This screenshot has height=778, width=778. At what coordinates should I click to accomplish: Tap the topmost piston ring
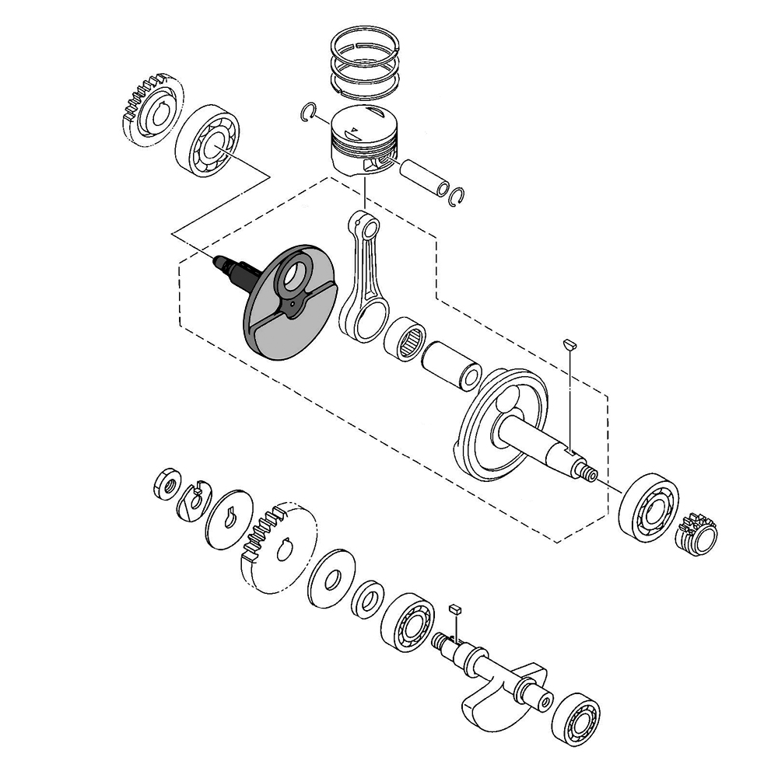(364, 44)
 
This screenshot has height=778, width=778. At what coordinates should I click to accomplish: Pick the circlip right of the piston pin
(459, 198)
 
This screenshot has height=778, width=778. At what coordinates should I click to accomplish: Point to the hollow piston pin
(424, 178)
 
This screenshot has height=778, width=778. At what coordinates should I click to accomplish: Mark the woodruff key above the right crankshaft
(569, 341)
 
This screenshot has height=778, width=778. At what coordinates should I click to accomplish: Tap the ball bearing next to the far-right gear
(648, 506)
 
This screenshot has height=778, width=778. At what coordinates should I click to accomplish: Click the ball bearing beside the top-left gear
(205, 141)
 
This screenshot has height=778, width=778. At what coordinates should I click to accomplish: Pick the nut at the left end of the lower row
(166, 484)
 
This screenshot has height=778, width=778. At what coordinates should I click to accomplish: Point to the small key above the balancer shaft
(456, 608)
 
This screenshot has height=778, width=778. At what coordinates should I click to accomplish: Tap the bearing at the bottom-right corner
(576, 719)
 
